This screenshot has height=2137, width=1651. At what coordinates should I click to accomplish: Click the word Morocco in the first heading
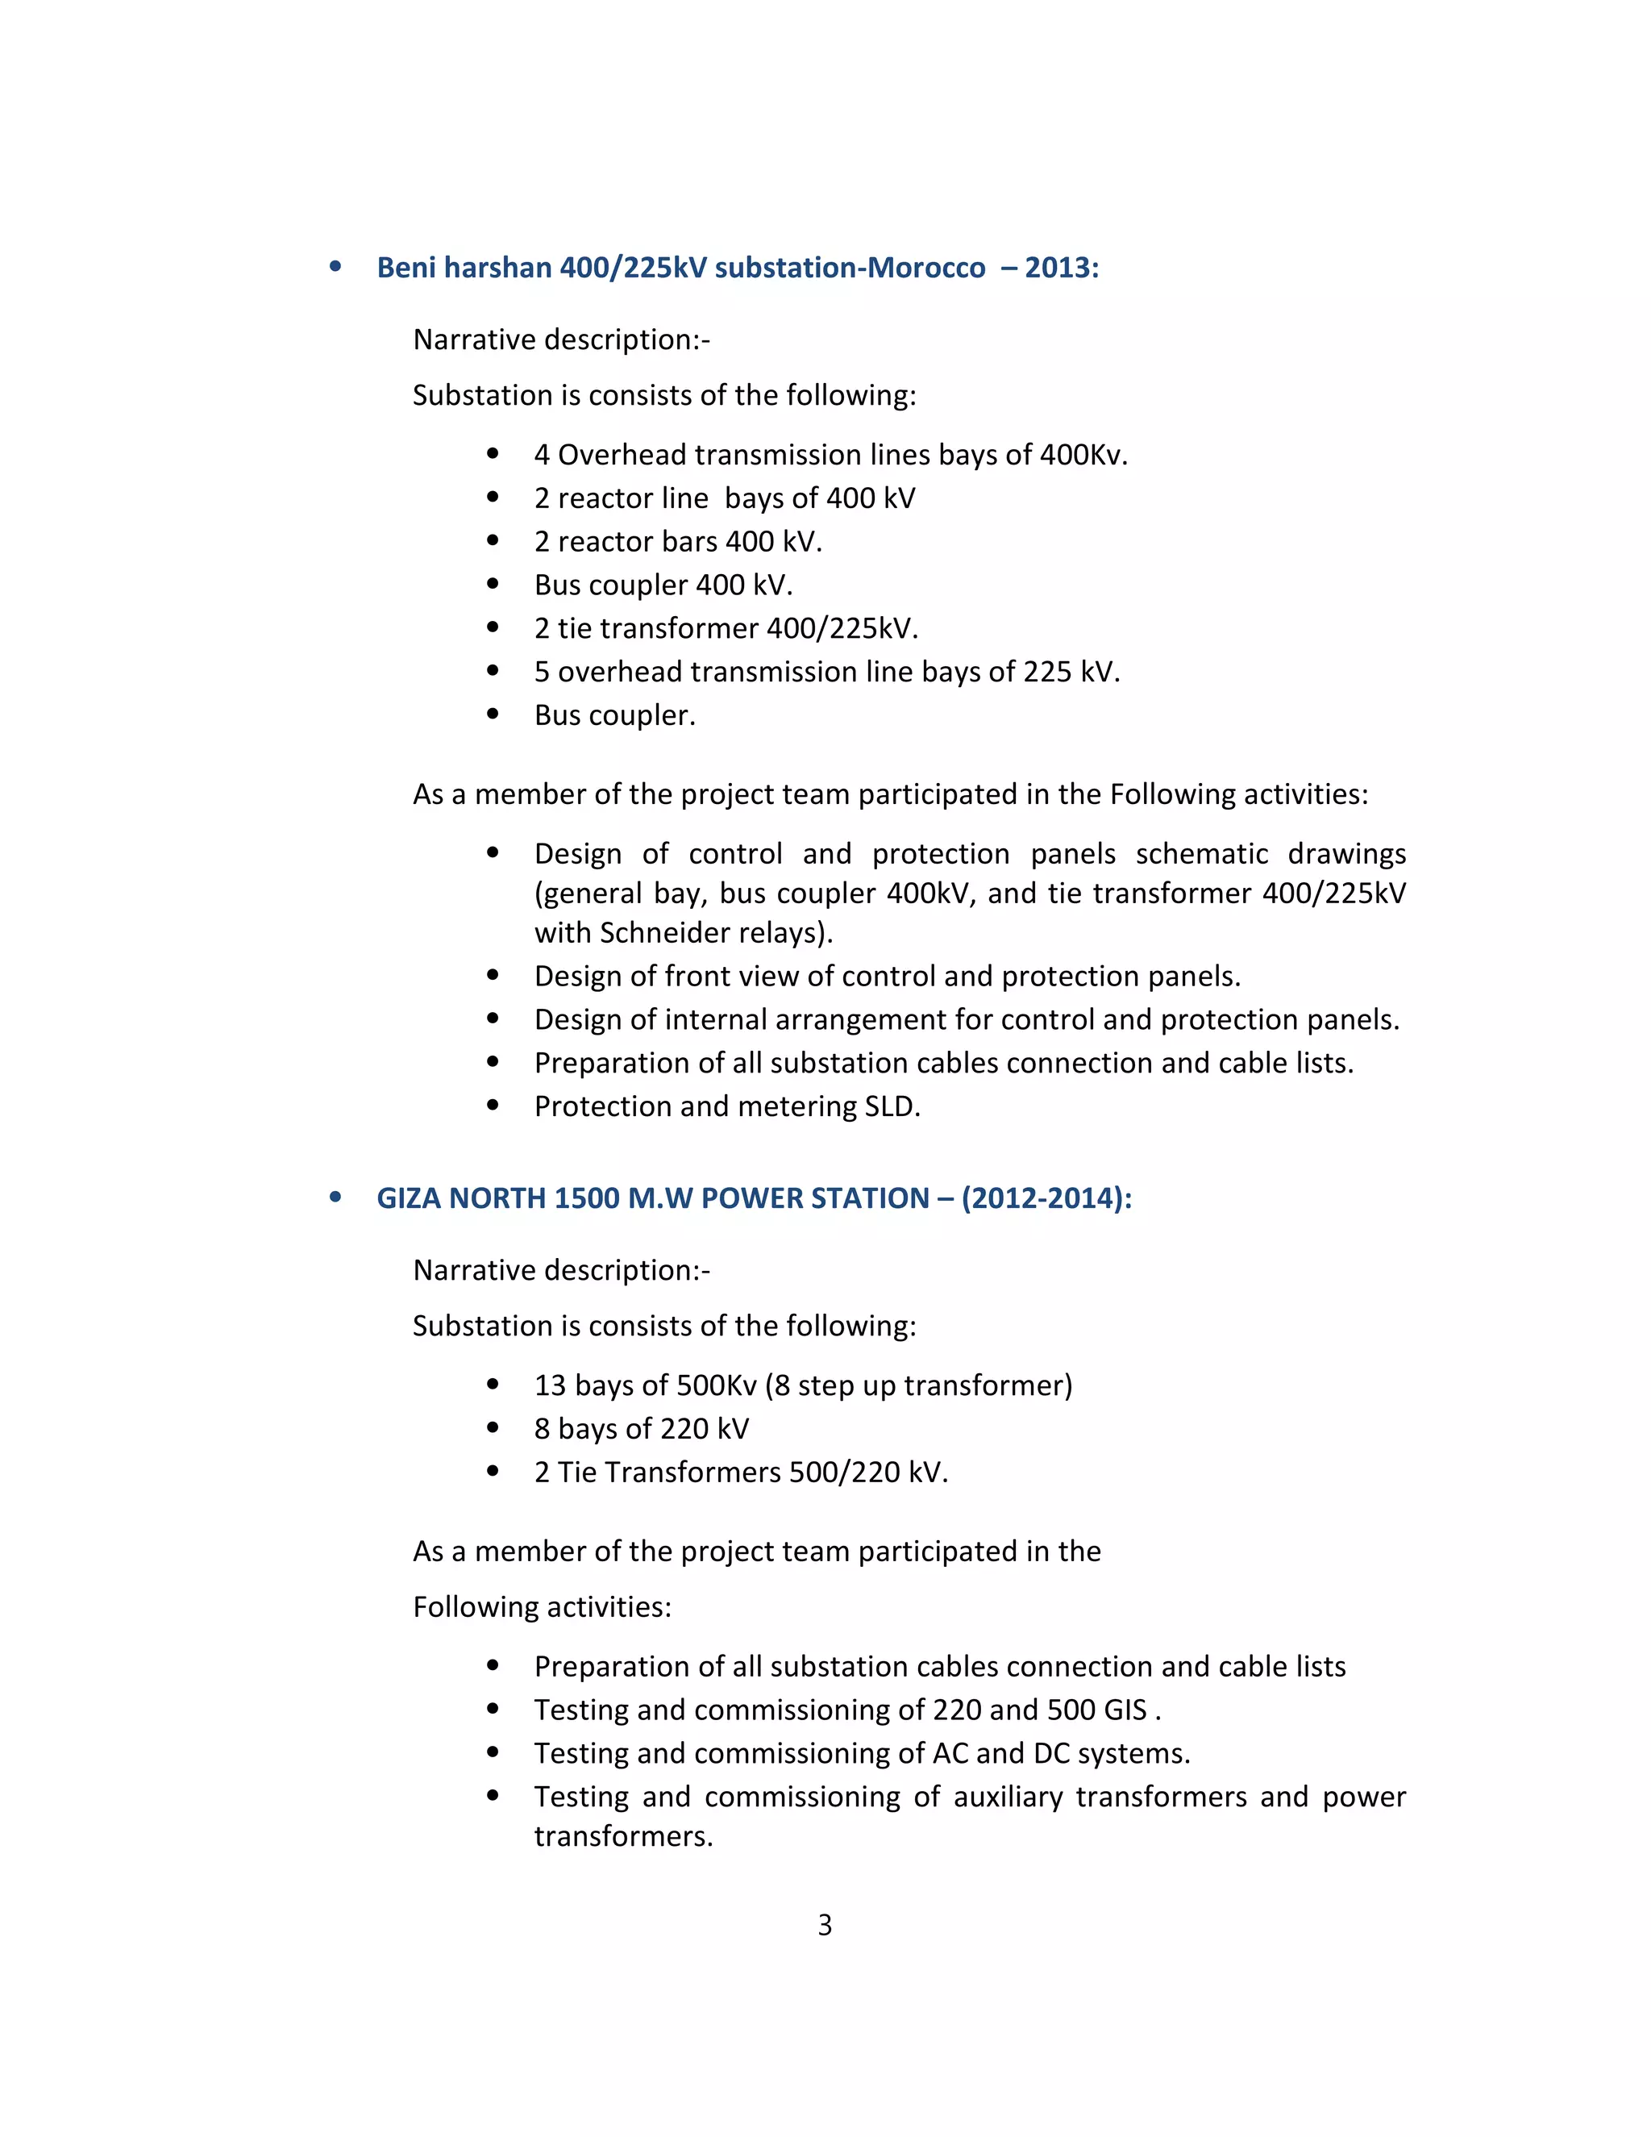click(925, 268)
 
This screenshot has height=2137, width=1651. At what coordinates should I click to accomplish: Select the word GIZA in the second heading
click(409, 1198)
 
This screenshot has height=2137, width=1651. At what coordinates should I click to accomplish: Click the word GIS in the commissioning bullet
click(1125, 1710)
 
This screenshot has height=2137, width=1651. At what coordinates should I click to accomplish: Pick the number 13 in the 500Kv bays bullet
click(550, 1385)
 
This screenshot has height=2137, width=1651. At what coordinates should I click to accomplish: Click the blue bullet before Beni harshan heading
click(335, 266)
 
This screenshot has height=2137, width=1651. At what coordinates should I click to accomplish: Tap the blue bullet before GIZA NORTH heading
click(335, 1197)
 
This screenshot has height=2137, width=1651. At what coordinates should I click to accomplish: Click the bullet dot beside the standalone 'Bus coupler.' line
click(493, 714)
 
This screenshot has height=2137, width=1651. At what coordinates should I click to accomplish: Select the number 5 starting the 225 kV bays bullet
click(542, 673)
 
